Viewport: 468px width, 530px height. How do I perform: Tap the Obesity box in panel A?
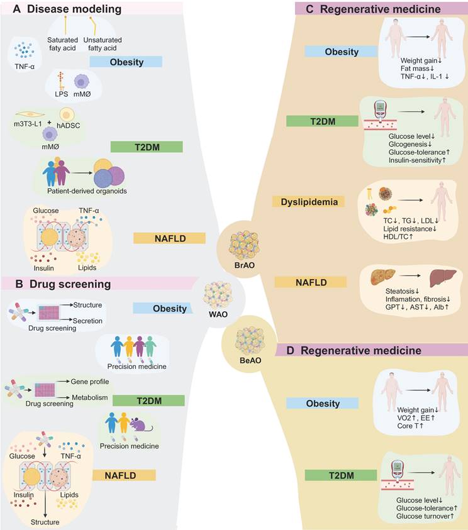tap(126, 62)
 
